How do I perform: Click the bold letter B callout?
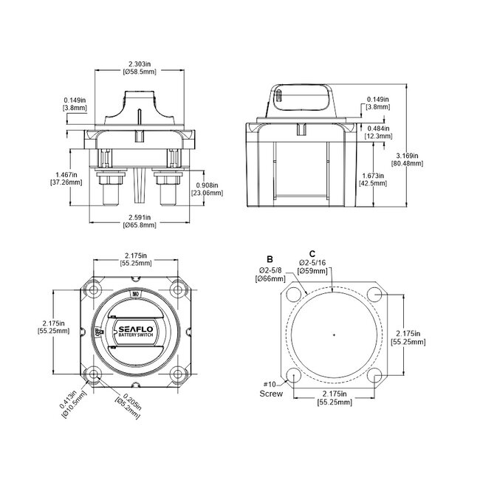pyautogui.click(x=270, y=260)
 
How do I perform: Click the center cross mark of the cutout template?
pyautogui.click(x=335, y=336)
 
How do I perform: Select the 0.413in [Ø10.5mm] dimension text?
pyautogui.click(x=78, y=400)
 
